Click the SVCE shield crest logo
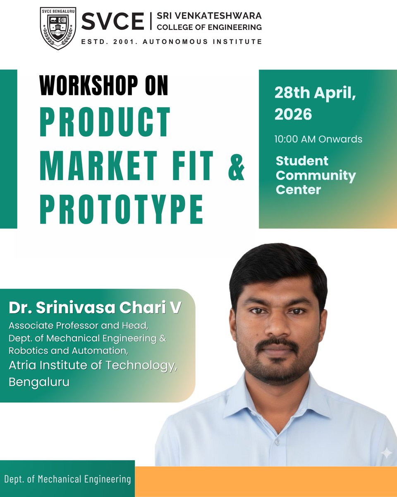click(x=57, y=28)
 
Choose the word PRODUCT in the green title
click(x=105, y=123)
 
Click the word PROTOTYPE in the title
click(x=122, y=210)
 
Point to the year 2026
click(x=294, y=114)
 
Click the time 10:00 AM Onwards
click(x=318, y=139)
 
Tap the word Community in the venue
click(x=316, y=176)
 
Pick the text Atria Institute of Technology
click(x=93, y=367)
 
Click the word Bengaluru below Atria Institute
click(x=39, y=381)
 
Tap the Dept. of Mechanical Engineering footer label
click(x=67, y=480)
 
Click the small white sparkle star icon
click(x=387, y=454)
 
